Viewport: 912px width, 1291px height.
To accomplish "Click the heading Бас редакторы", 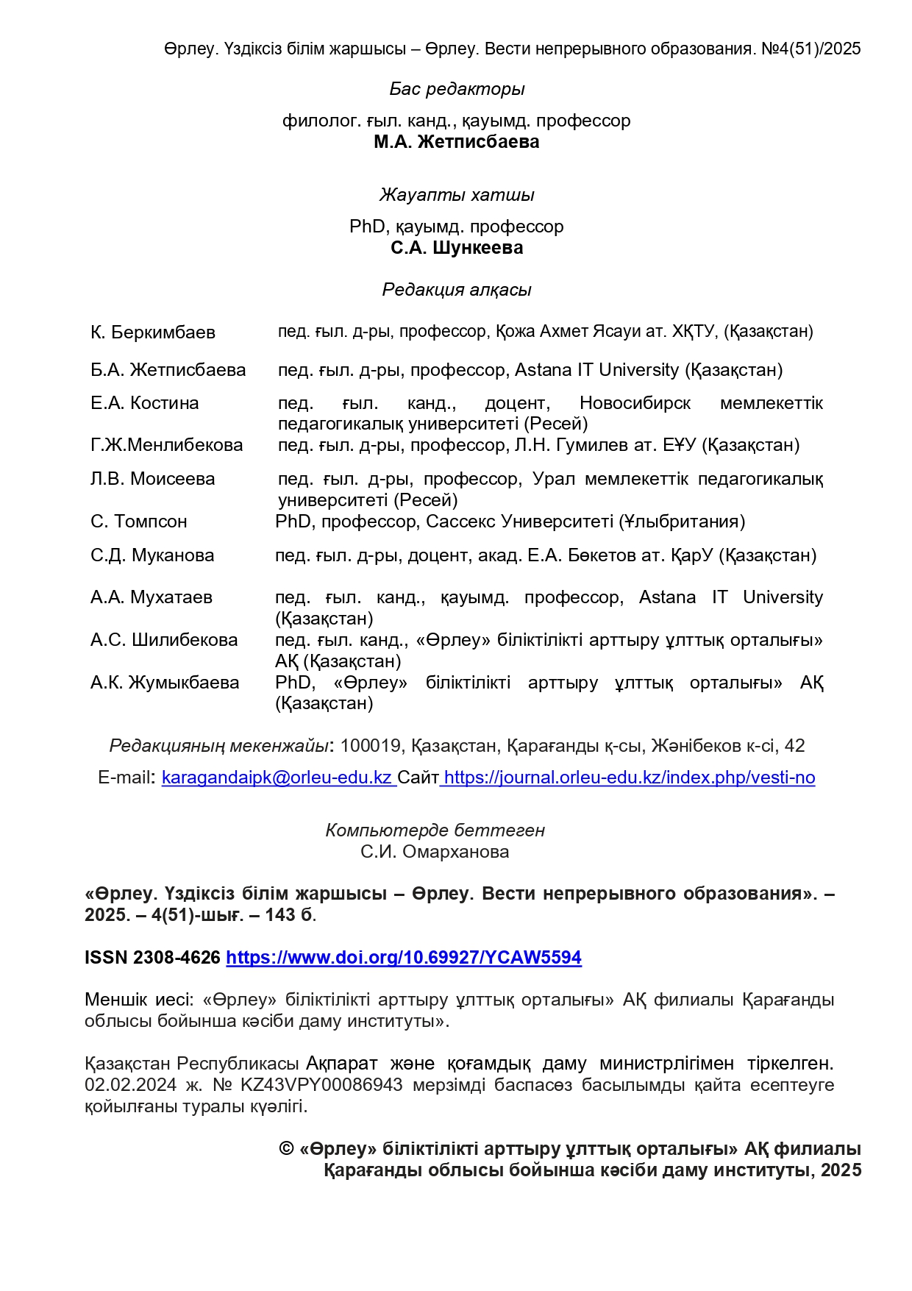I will point(457,89).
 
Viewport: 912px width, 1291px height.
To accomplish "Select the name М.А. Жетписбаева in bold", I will point(456,142).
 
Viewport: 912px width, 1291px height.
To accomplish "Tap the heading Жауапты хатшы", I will point(457,195).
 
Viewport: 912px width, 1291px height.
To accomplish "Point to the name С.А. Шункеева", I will point(457,248).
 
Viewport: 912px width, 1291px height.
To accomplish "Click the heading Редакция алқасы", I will point(457,290).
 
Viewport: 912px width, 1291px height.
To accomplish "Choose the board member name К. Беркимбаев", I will point(153,332).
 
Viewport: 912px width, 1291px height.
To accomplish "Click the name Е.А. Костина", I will point(145,403).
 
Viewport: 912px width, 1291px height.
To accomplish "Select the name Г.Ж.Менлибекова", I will point(167,445).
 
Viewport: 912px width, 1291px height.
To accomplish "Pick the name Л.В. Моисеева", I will point(153,479).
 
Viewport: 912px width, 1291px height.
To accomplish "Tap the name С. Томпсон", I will point(139,522).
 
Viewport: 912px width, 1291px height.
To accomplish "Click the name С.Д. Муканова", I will point(152,555).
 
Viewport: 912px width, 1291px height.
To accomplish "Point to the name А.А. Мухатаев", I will point(152,597).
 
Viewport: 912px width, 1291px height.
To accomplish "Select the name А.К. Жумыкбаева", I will point(165,683).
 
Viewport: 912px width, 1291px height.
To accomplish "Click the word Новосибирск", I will point(635,403).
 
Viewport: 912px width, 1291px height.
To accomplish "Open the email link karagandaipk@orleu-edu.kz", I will point(277,778).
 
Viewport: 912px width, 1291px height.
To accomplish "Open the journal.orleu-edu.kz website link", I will point(630,778).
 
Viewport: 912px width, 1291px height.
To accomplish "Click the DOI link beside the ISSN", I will point(404,958).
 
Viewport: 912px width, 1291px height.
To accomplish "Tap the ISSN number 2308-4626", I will point(177,958).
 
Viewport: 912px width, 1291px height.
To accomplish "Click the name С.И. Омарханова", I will point(435,852).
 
